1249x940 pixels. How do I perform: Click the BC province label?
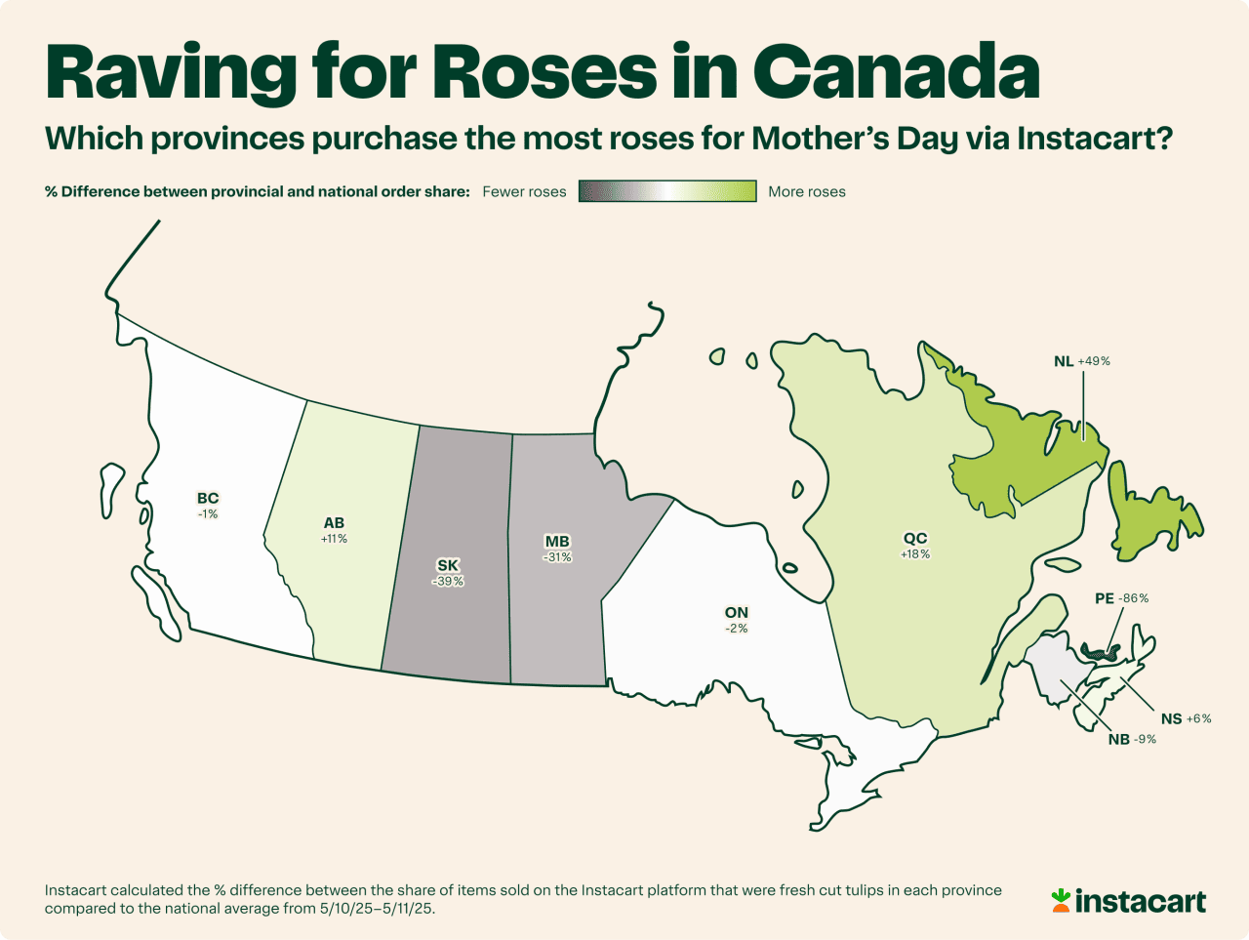208,499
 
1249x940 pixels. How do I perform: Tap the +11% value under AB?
334,538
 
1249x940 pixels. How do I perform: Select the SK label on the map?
448,565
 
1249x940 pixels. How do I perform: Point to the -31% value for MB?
557,557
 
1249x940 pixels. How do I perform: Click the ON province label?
737,613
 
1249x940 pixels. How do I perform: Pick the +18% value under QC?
915,554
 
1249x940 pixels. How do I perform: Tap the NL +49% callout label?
1081,361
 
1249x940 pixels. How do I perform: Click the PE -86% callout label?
1121,598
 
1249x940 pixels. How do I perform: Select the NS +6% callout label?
1186,718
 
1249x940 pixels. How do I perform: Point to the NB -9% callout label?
1132,739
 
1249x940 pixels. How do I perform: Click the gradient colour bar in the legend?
667,191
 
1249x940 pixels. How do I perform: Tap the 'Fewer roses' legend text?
524,191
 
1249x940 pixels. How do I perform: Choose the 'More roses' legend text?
807,191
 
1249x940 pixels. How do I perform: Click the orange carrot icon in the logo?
1061,900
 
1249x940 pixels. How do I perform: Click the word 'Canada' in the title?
896,71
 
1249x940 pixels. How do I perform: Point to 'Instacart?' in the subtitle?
1094,139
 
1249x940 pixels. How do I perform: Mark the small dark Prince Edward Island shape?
1100,650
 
